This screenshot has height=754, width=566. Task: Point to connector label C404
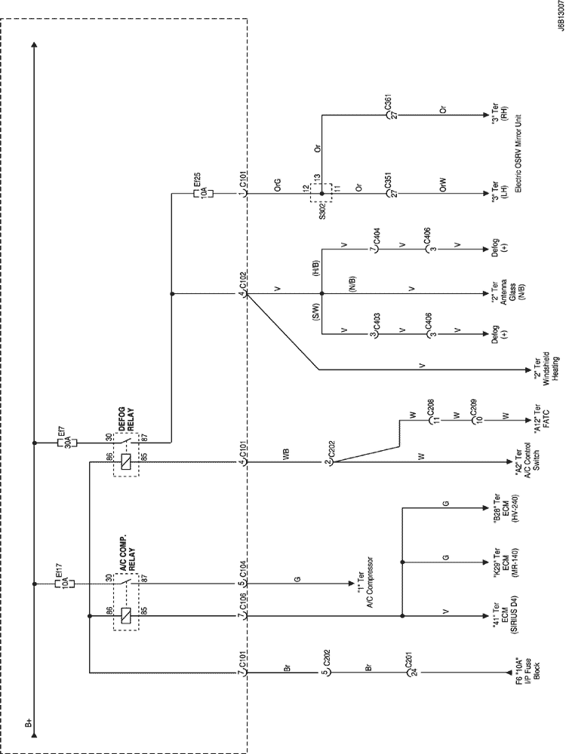(374, 247)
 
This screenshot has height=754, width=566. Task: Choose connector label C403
(374, 332)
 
